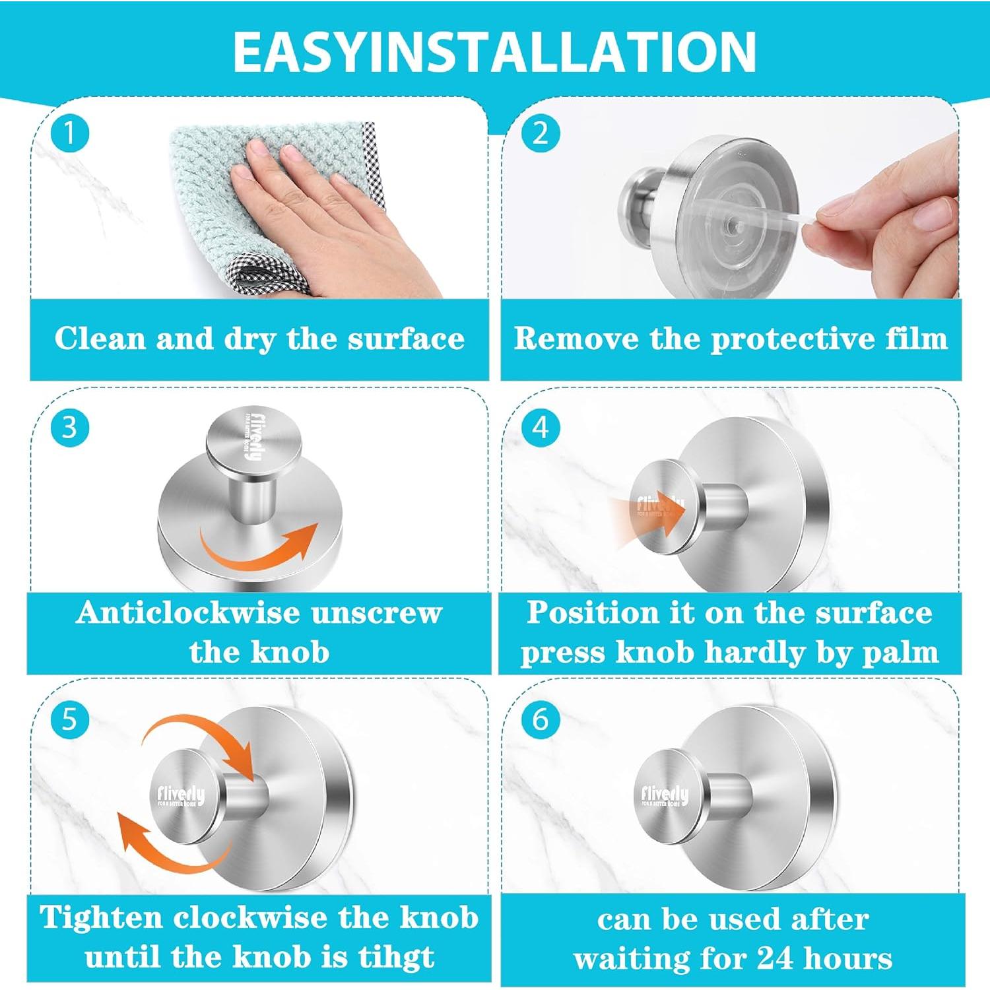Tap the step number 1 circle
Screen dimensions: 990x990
[x=70, y=134]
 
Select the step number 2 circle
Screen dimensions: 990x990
[x=541, y=134]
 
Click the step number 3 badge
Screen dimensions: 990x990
[x=70, y=428]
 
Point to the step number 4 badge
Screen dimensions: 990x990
[x=541, y=428]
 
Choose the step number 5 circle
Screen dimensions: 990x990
[x=70, y=719]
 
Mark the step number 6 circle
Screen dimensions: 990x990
[x=541, y=719]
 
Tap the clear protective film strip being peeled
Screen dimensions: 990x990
[x=779, y=221]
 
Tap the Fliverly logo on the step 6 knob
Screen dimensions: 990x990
[x=665, y=795]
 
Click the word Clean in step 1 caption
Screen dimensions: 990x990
[x=100, y=339]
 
